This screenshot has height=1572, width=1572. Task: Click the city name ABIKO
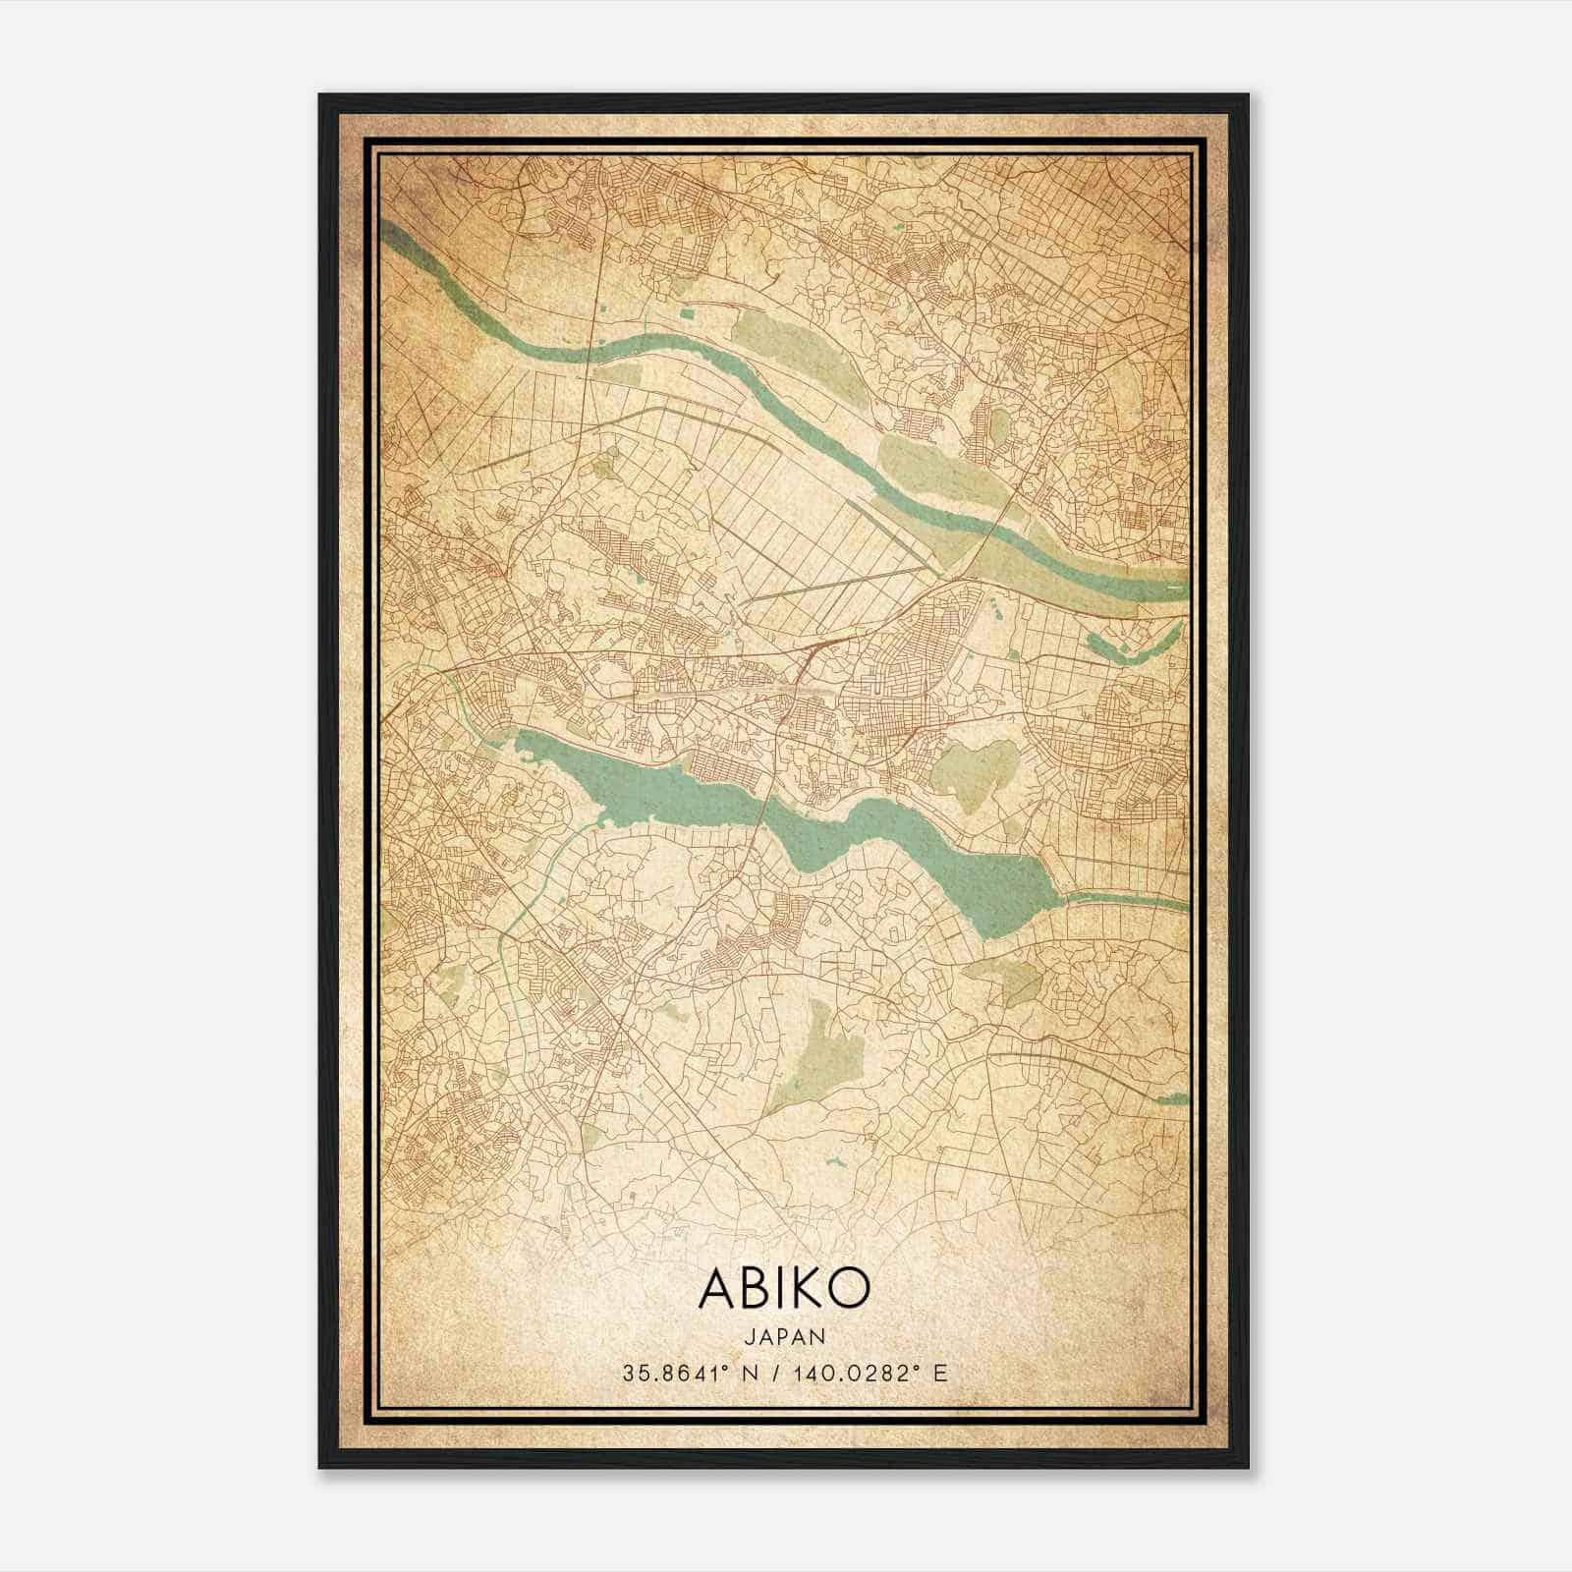click(784, 1288)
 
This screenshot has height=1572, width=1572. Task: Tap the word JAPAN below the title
click(784, 1336)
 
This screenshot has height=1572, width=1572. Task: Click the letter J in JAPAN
click(749, 1336)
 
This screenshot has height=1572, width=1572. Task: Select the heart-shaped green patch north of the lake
click(973, 771)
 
